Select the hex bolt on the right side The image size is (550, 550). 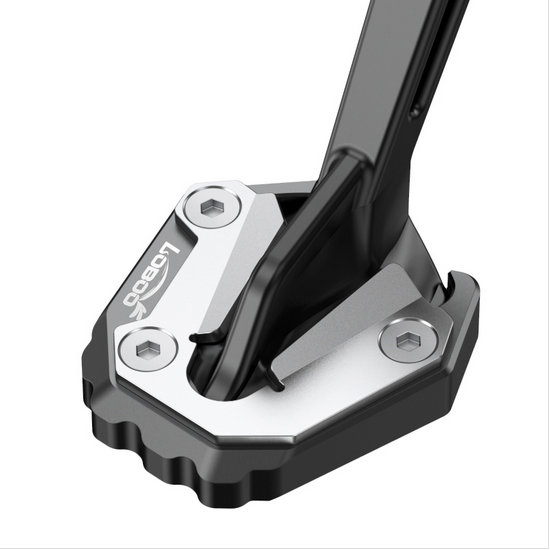[407, 343]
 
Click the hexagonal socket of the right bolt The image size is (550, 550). [407, 343]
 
